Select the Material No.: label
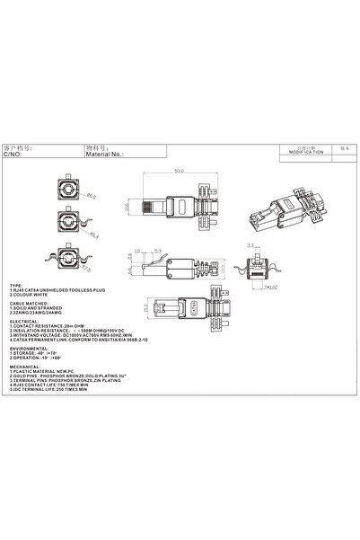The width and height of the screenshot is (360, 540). [x=104, y=154]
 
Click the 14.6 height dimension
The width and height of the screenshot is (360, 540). [x=128, y=209]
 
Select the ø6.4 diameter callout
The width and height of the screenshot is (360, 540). [x=94, y=235]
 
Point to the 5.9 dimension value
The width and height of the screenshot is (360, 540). [x=156, y=250]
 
